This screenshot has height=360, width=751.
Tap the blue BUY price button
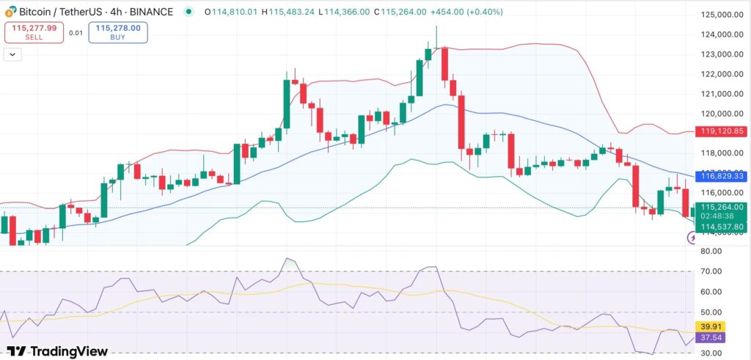point(118,32)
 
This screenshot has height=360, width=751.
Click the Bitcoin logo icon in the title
point(10,12)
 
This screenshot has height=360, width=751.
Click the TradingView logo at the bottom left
point(57,351)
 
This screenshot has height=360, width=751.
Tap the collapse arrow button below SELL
point(12,54)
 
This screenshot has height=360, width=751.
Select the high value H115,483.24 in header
point(293,12)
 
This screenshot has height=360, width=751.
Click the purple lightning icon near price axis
point(692,238)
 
